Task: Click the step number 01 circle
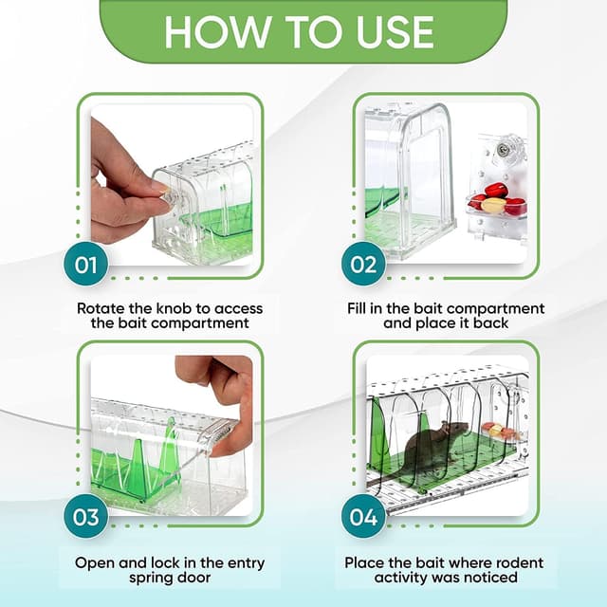click(85, 266)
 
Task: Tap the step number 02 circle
click(363, 266)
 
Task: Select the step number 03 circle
click(85, 517)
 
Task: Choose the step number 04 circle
click(363, 517)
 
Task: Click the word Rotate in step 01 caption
click(101, 308)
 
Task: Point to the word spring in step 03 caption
click(151, 579)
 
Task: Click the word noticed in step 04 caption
click(490, 578)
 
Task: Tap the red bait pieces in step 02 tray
click(500, 199)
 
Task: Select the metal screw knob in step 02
click(503, 148)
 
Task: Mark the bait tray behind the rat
click(501, 431)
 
